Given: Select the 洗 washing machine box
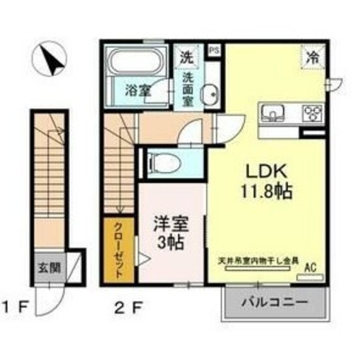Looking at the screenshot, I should point(186,56).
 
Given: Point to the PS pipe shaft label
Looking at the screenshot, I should point(214,51).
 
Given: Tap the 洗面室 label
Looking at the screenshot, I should point(188,89).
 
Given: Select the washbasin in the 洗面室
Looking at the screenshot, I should point(210,91).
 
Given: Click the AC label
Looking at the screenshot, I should point(310,269).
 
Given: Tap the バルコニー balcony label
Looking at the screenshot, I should point(276,302).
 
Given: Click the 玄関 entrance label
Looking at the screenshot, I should point(50,267).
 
